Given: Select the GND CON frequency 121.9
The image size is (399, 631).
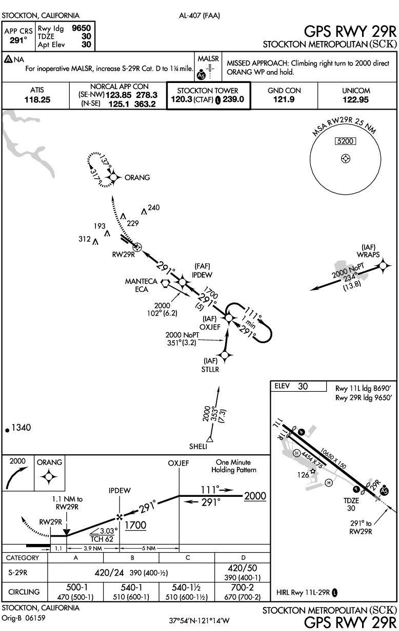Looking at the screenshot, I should pyautogui.click(x=285, y=100).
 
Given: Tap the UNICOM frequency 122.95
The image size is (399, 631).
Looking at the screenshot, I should pyautogui.click(x=356, y=100).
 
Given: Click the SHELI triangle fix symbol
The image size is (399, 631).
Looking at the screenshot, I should pyautogui.click(x=209, y=438).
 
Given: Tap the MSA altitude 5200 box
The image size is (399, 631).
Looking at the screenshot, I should pyautogui.click(x=346, y=141).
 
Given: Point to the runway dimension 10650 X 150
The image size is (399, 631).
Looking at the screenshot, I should pyautogui.click(x=332, y=457).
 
